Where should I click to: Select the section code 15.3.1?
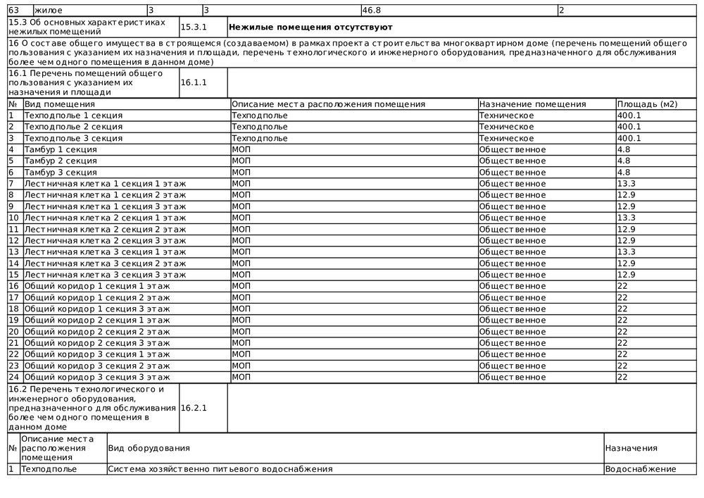(x=194, y=27)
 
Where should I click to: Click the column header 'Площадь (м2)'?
(x=647, y=104)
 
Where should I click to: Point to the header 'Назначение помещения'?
(x=532, y=104)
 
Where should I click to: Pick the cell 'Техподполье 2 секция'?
(x=73, y=127)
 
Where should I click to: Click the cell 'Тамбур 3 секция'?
(x=61, y=173)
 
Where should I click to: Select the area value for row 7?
(x=626, y=184)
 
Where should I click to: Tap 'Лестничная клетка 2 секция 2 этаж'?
(x=105, y=229)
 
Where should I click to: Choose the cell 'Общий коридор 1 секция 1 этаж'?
(x=97, y=286)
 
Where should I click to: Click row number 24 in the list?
(x=13, y=377)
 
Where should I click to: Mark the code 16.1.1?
(x=194, y=82)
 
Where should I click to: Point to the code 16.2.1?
(x=194, y=408)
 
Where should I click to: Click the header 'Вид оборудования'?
(x=149, y=448)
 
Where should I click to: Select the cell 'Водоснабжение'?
(x=641, y=469)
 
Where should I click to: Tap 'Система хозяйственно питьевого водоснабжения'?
(x=220, y=469)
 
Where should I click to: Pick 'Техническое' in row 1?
(x=506, y=116)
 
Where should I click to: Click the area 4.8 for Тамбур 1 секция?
(x=623, y=149)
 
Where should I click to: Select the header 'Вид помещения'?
(x=60, y=104)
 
